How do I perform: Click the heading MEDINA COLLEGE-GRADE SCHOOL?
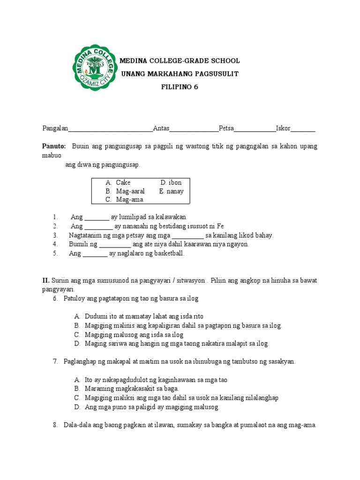coord(180,61)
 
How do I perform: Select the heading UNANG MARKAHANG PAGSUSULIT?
coord(180,74)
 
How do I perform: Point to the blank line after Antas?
coord(194,129)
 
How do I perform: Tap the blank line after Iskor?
coord(305,129)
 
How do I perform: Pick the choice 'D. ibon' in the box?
coord(171,183)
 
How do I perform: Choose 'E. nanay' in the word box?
coord(171,191)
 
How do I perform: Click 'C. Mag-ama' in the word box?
coord(124,200)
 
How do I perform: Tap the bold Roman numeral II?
coord(46,280)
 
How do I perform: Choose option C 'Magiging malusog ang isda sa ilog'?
coord(128,335)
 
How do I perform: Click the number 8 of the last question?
coord(55,425)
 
